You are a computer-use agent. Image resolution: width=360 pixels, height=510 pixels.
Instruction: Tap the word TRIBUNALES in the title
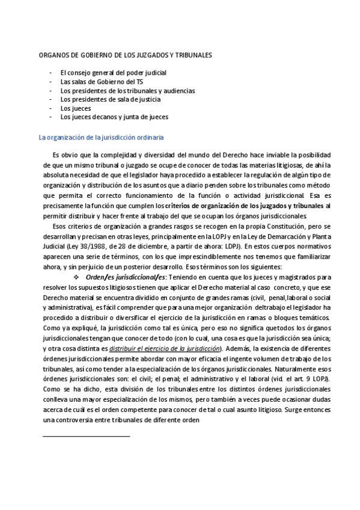click(191, 55)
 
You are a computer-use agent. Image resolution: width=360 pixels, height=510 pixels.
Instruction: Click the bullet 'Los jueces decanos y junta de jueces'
click(114, 117)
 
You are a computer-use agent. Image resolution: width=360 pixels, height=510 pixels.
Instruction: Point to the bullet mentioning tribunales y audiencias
click(127, 90)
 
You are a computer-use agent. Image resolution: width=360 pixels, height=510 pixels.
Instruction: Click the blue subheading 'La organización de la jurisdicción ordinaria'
click(100, 137)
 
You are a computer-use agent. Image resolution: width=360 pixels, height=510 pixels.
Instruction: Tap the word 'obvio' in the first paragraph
click(76, 154)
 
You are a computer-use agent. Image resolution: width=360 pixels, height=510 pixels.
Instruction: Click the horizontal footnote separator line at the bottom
click(87, 419)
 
